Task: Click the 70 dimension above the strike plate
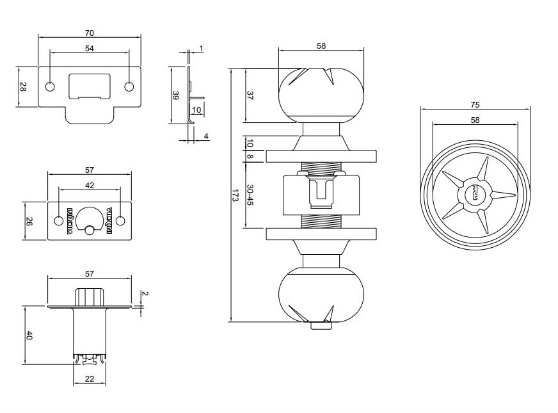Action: tap(90, 33)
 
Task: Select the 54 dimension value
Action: tap(90, 48)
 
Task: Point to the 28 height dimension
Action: tap(22, 87)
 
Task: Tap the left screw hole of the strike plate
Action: tap(50, 87)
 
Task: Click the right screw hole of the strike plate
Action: tap(129, 87)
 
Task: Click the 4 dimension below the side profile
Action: tap(205, 136)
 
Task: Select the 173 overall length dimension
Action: tap(235, 195)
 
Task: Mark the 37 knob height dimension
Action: tap(250, 95)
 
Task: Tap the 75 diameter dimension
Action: tap(475, 104)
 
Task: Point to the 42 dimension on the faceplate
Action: tap(90, 185)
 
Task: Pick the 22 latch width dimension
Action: tap(90, 379)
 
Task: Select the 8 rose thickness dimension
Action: tap(250, 156)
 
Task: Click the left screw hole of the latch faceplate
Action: tap(60, 221)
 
